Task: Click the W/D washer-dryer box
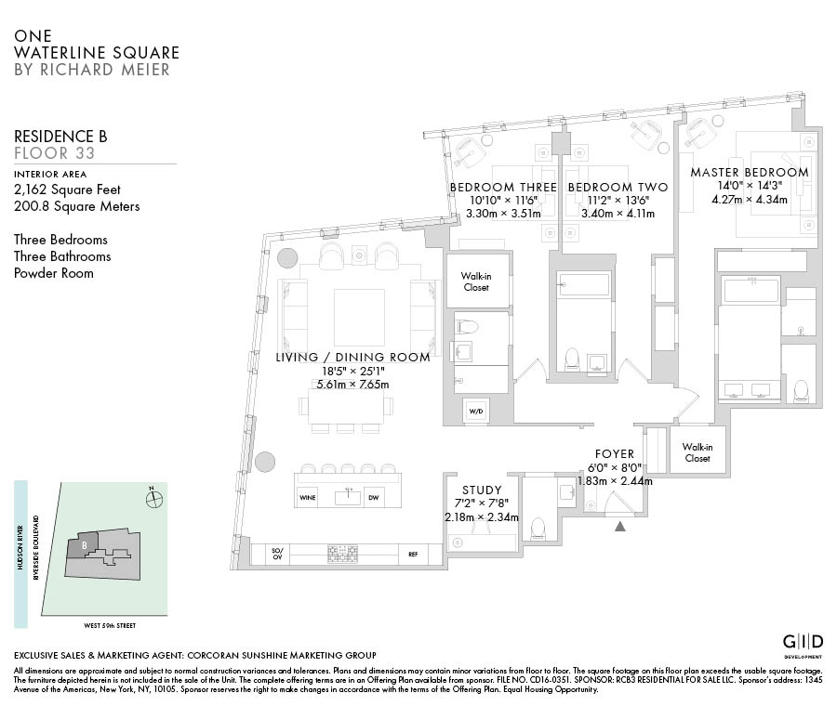475,412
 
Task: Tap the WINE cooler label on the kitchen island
308,498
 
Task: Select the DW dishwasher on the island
374,498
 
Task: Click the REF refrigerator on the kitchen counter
413,555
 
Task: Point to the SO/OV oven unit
277,554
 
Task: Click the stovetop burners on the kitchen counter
342,554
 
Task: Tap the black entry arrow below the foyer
619,527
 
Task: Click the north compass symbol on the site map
153,499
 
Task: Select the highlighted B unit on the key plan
81,546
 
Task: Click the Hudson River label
20,548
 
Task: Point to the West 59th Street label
110,625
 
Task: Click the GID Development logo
803,643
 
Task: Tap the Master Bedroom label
749,172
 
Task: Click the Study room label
482,490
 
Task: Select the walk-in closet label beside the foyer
697,452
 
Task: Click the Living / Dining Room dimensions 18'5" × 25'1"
352,372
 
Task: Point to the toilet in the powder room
538,528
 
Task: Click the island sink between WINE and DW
349,496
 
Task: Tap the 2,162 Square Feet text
67,190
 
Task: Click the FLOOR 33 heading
55,153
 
